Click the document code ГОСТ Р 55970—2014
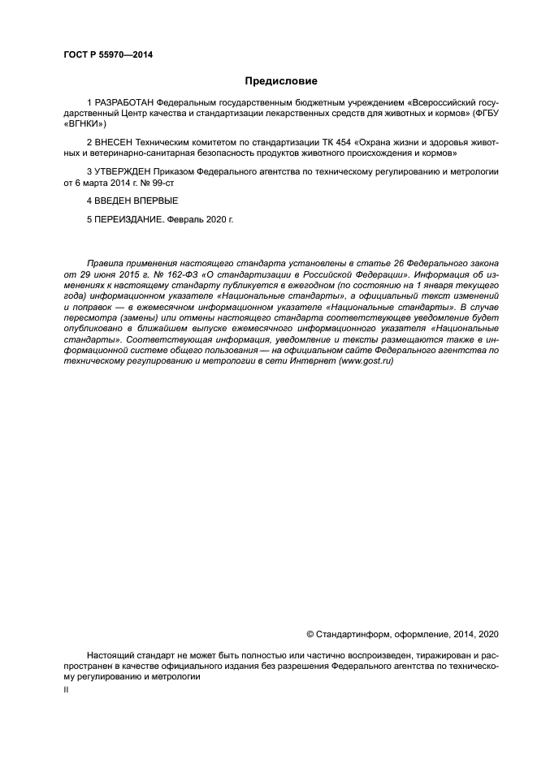tap(108, 54)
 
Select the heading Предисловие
tap(281, 81)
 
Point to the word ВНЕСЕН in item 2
tap(115, 143)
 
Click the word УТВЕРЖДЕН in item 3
tap(121, 173)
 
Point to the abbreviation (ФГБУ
tap(484, 114)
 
